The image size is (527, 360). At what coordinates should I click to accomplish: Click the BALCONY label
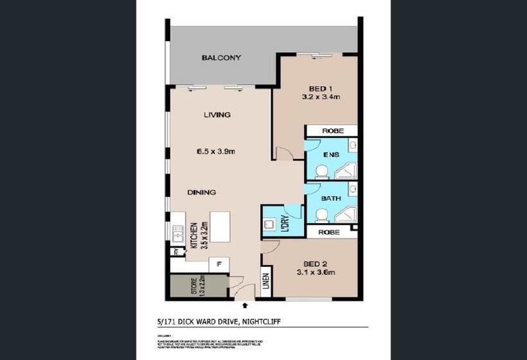tap(221, 58)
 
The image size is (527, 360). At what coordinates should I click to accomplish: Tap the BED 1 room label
tap(320, 88)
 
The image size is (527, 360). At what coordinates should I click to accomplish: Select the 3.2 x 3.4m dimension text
tap(320, 98)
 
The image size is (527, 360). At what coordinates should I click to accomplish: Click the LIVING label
tap(217, 115)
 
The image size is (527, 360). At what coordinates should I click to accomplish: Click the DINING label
tap(201, 192)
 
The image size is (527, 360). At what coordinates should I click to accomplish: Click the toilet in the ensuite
tap(321, 170)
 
